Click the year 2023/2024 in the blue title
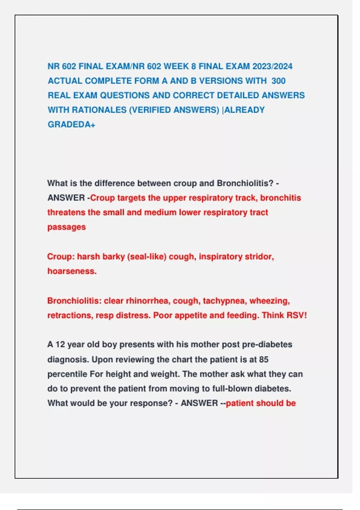point(272,66)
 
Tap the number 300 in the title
point(278,81)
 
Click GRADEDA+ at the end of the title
point(71,124)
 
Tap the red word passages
point(67,227)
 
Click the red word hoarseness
point(72,271)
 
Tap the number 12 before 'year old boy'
point(60,344)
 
